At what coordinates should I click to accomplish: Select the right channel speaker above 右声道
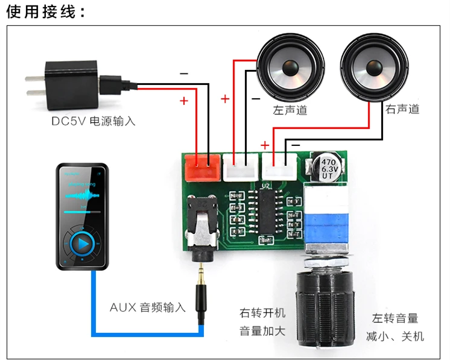click(370, 68)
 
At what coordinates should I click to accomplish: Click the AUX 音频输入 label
click(148, 307)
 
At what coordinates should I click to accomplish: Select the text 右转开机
click(262, 314)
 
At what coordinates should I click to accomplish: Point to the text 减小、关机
click(395, 336)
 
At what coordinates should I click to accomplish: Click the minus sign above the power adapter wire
click(184, 74)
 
